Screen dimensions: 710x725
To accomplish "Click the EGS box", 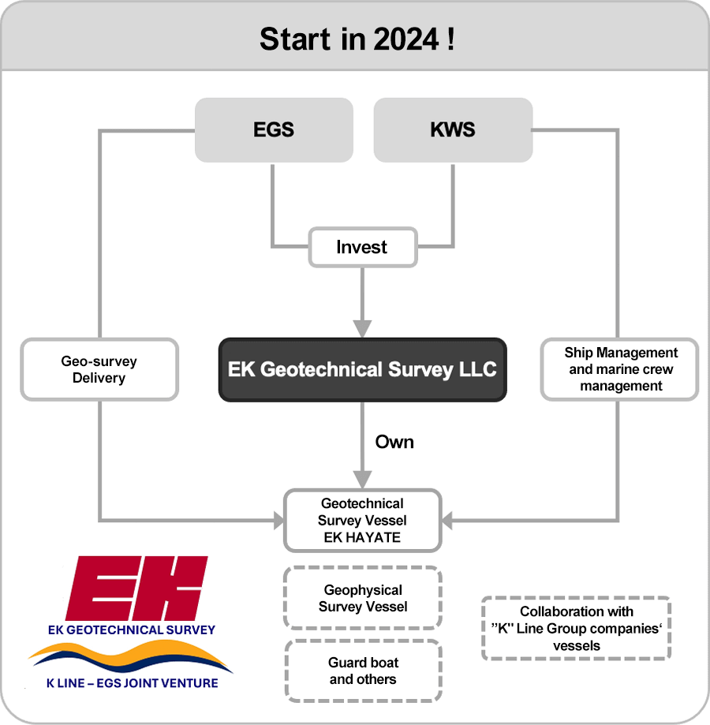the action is coord(274,130).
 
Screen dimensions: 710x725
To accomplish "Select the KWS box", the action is coord(453,130).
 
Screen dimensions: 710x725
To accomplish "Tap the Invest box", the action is coord(363,248).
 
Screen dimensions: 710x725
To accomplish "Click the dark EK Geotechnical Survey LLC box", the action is coord(363,370).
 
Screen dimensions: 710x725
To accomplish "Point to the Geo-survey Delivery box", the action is coord(99,369).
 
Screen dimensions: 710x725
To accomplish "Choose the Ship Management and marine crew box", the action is coord(619,369).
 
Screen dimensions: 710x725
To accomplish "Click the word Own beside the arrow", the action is coord(394,442).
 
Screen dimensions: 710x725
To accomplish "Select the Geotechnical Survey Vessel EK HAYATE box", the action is coord(363,521).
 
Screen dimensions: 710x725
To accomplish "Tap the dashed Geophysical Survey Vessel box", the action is coord(363,598).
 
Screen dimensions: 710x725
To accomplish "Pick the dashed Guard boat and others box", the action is coord(364,671).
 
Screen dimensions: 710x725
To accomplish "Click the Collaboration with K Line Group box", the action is coord(577,629).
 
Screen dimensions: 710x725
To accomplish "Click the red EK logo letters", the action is coord(136,589).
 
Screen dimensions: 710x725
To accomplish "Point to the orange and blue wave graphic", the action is coord(130,656).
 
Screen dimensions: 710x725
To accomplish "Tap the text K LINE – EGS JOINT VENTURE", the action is coord(133,683).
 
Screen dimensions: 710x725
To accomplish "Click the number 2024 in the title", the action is coord(405,39).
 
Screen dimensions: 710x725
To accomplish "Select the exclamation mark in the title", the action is coord(450,39).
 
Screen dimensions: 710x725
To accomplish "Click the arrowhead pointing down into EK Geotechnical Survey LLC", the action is coord(362,329).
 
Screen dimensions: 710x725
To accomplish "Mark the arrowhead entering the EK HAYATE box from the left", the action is coord(278,521).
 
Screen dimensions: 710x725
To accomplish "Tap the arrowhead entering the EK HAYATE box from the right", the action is coord(447,521).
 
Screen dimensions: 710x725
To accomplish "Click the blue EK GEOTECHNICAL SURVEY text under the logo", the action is coord(132,630).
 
